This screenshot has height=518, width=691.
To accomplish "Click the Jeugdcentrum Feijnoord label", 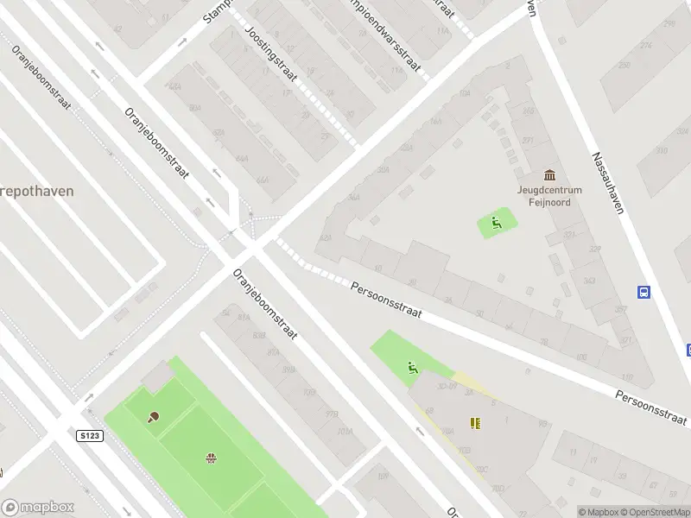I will click(x=550, y=196).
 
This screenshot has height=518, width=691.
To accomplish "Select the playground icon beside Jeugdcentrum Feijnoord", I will click(x=496, y=224).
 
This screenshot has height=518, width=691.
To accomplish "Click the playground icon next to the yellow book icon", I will click(x=413, y=369).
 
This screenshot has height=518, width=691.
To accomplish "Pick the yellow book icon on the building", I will click(x=474, y=422).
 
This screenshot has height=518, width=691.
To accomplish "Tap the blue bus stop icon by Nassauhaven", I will click(x=643, y=292).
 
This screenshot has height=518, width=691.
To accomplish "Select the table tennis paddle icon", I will click(x=154, y=417).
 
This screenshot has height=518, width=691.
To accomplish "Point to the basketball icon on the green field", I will click(x=210, y=457).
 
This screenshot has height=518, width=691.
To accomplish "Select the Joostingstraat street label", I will click(x=270, y=54).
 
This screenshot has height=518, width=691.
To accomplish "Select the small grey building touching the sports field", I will click(x=157, y=376).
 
